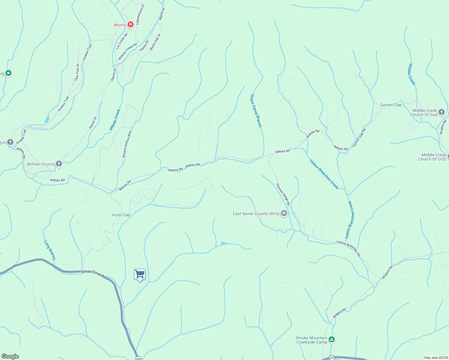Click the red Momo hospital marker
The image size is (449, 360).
tap(130, 25)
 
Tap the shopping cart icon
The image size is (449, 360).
tap(140, 274)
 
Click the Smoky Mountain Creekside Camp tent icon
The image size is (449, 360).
tap(331, 340)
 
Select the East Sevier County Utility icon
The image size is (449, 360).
tap(284, 214)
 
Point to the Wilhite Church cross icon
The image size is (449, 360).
tap(59, 164)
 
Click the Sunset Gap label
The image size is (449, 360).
tap(391, 105)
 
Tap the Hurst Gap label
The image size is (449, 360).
tap(121, 215)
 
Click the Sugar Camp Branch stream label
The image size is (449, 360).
tap(256, 111)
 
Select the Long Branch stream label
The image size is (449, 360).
tap(50, 250)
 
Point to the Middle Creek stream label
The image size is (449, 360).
tap(411, 74)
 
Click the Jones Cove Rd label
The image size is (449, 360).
tap(93, 274)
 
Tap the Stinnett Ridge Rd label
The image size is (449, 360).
tap(283, 194)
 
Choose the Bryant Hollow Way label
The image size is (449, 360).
tap(127, 144)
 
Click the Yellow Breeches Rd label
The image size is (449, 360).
tap(348, 248)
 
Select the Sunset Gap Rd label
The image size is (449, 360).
tap(359, 138)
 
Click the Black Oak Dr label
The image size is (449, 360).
tap(155, 42)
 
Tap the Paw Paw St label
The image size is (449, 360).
tap(77, 72)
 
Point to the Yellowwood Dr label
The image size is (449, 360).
tap(140, 14)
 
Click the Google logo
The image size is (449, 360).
tap(10, 356)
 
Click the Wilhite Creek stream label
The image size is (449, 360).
tap(115, 120)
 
